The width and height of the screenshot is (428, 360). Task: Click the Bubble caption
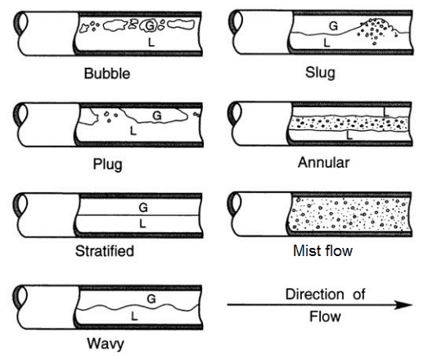click(107, 74)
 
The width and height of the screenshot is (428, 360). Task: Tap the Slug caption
click(320, 74)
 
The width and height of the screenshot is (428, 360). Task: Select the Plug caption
click(107, 164)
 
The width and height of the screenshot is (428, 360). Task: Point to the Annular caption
click(323, 163)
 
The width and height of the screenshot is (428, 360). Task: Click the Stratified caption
click(105, 251)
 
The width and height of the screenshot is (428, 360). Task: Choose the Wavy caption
click(106, 344)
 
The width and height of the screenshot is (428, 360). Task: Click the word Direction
click(315, 295)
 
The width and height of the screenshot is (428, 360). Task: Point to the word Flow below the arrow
click(325, 317)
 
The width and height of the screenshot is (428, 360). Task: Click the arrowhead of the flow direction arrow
click(404, 305)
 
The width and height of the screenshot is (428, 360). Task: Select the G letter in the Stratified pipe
click(143, 208)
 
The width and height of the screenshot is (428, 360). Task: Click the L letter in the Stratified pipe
click(142, 224)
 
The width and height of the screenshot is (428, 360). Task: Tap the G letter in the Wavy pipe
click(151, 299)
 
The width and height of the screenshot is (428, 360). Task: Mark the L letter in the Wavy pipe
click(134, 317)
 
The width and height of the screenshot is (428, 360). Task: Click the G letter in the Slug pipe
click(333, 26)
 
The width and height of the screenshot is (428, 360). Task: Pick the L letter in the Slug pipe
click(327, 43)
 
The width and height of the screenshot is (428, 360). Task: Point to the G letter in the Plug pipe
click(157, 115)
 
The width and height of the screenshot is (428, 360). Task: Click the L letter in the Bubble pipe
click(151, 42)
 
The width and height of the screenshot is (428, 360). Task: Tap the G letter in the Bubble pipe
click(150, 25)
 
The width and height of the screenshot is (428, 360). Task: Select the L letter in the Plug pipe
click(133, 131)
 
